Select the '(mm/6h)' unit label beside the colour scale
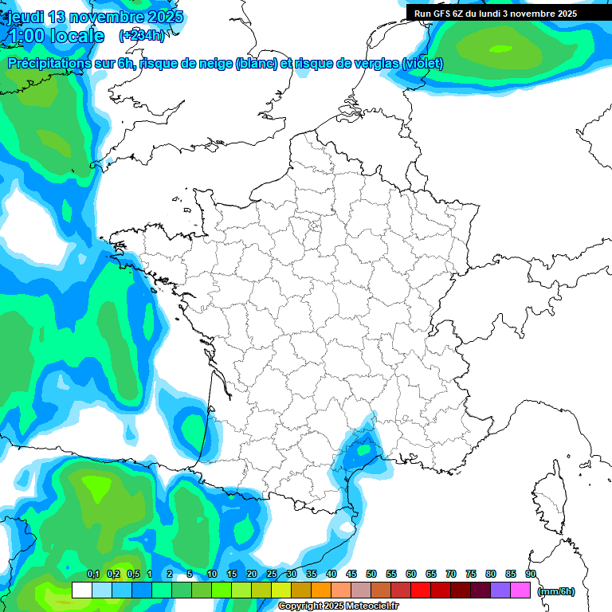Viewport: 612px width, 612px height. point(556,590)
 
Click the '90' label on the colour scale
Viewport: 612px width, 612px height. point(531,574)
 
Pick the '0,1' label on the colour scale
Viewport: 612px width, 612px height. point(93,574)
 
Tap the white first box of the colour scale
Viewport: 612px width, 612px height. point(81,590)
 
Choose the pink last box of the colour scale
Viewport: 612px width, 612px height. point(520,590)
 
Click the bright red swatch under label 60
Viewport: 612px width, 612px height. point(421,590)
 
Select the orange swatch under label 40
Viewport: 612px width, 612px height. point(321,590)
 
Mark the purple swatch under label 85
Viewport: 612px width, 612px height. point(500,590)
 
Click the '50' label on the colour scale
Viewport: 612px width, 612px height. point(371,574)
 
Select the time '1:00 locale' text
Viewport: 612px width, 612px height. point(55,36)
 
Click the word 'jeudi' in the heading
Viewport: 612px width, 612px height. point(25,17)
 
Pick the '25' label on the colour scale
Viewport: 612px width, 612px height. point(272,574)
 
